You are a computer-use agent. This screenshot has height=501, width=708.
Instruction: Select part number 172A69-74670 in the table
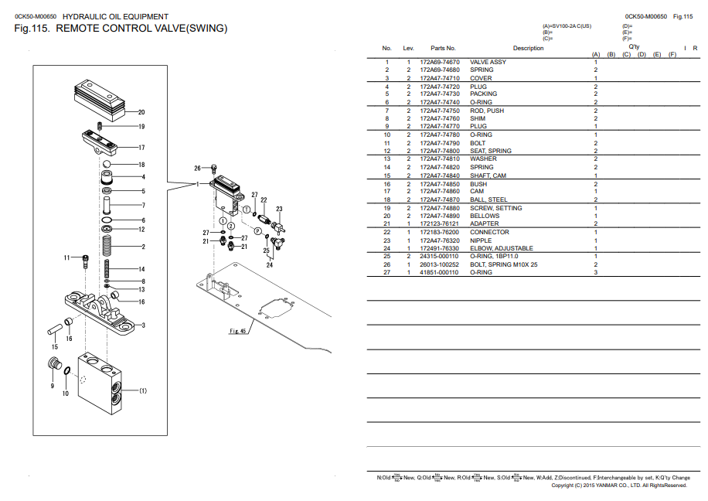439,62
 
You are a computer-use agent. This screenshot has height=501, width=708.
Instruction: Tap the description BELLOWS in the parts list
485,216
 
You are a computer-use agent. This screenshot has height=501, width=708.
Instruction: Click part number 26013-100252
439,264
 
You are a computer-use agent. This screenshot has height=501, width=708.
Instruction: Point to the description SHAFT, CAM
488,176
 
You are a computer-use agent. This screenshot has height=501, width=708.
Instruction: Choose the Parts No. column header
443,48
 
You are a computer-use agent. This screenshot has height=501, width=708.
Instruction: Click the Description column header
528,48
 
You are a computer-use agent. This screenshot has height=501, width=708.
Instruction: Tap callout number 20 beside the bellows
141,112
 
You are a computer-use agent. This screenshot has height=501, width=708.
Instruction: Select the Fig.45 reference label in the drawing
237,331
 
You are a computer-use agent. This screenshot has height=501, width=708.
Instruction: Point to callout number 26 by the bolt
197,168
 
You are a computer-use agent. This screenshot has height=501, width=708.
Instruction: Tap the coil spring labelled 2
108,246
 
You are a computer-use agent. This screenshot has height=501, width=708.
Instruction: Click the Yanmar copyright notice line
619,486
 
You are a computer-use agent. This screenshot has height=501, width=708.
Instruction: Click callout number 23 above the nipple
279,209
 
